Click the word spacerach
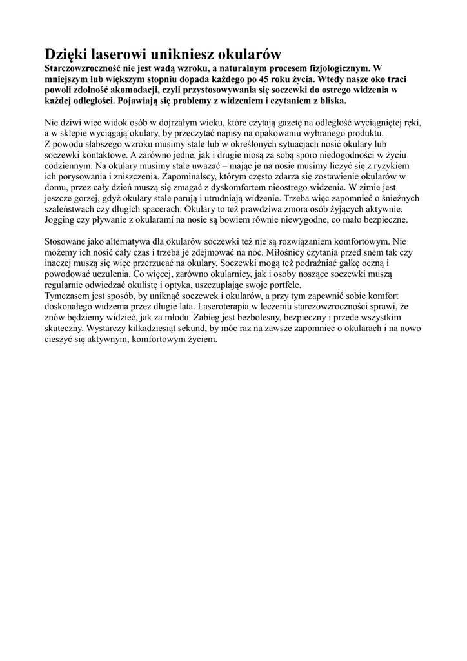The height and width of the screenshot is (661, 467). (x=159, y=208)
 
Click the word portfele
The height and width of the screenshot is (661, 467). (x=284, y=285)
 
